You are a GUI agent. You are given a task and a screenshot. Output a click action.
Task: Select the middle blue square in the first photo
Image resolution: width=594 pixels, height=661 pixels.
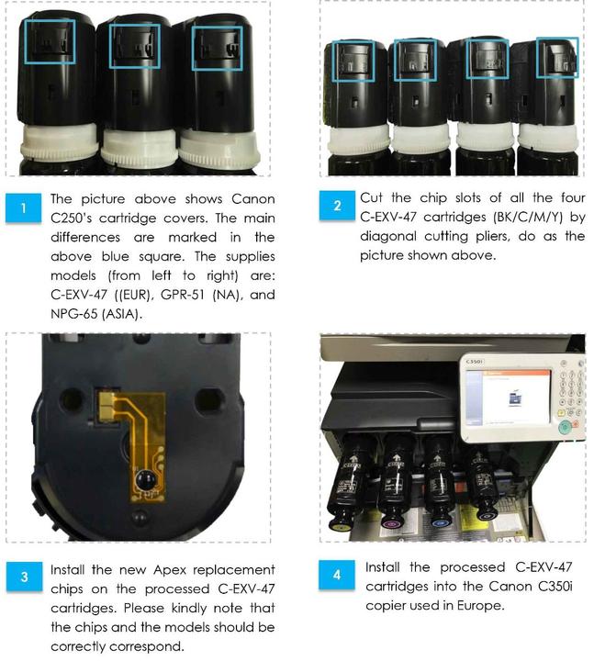(134, 47)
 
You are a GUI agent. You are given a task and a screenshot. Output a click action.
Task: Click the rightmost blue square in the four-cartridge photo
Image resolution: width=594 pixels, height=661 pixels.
(556, 59)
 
